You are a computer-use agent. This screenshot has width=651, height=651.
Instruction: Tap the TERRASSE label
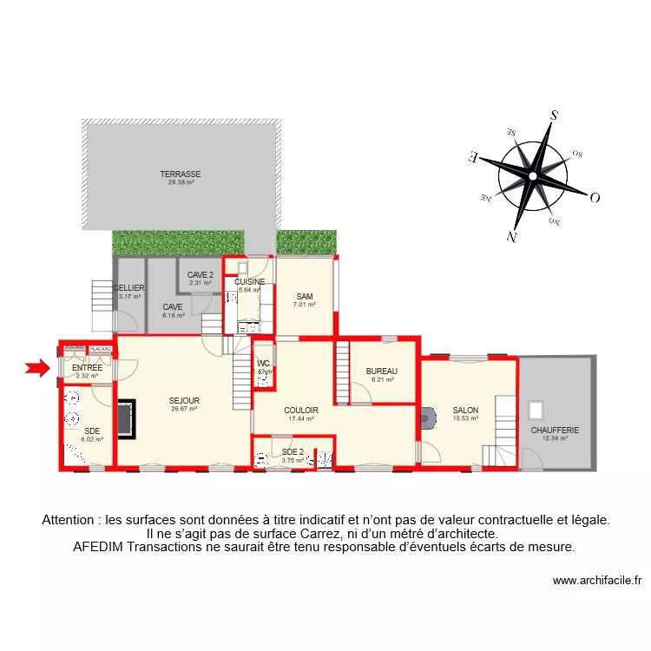180,174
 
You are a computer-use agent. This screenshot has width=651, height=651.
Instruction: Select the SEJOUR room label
184,400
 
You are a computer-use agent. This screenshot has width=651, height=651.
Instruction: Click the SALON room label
465,411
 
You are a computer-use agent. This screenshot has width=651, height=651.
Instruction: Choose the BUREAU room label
382,371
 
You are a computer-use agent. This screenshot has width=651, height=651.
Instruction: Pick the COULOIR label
300,411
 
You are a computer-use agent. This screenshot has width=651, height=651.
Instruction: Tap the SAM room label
304,296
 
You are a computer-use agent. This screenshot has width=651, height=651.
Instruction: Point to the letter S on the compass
553,115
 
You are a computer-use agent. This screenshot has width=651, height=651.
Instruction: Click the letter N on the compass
512,236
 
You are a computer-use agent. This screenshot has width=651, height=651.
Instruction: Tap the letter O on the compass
595,197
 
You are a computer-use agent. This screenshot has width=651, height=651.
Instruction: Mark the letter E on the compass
473,157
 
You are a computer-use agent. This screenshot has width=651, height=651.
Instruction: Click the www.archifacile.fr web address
596,581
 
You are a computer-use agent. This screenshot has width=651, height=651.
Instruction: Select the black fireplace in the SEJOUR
126,418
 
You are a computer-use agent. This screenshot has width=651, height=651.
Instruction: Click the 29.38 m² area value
180,183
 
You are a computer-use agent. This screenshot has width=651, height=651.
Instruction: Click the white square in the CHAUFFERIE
536,409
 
